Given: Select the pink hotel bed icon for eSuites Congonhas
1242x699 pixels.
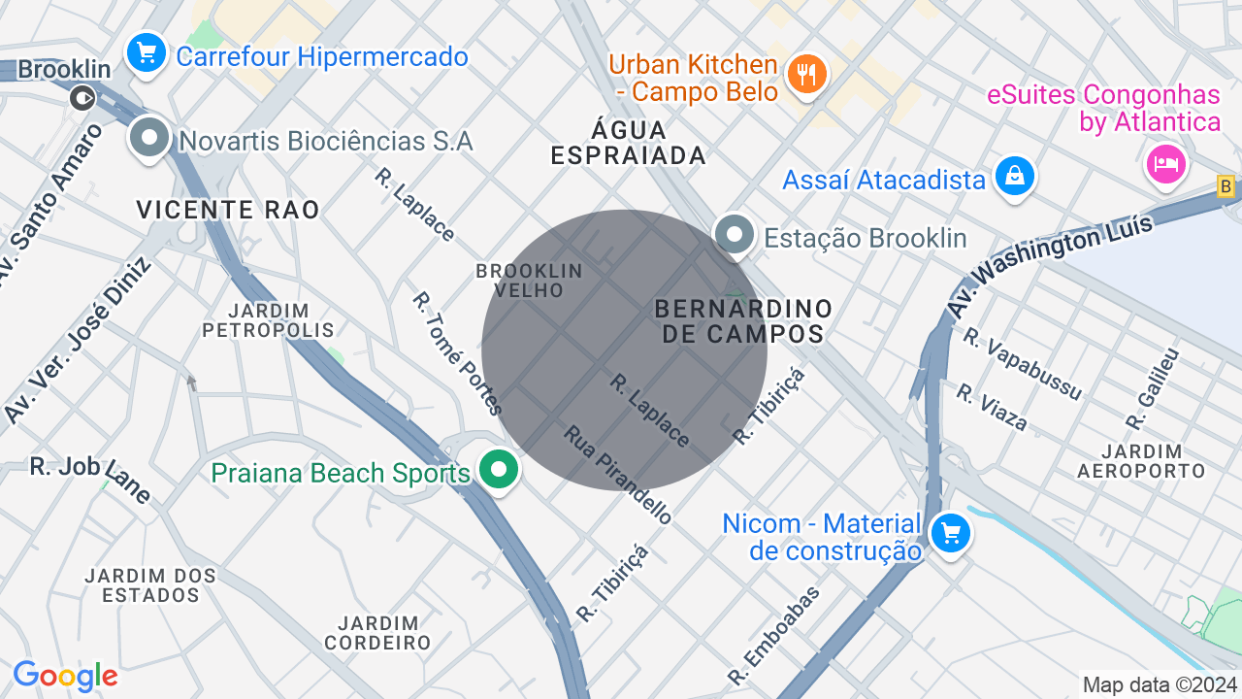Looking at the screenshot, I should point(1165,163).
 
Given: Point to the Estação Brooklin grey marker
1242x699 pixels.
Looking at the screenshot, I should point(735,236).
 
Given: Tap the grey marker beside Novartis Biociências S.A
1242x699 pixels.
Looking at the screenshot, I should point(149,139).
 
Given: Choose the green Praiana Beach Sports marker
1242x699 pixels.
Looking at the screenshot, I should point(499,471).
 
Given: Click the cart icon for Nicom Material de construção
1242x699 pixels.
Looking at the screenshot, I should point(950,534).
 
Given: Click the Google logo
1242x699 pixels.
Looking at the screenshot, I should point(66,677).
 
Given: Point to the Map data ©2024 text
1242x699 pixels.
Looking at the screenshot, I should point(1160,684).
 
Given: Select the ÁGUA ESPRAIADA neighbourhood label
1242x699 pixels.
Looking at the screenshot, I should point(628,143).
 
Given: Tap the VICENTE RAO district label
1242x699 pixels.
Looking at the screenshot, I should point(228,210).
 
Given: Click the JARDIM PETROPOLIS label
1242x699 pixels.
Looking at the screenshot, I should point(269,320).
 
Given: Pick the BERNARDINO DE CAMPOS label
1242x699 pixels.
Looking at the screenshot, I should point(743,321).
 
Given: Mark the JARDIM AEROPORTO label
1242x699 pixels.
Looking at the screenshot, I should point(1141,461).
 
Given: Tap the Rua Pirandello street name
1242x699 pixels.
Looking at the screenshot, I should point(618,475).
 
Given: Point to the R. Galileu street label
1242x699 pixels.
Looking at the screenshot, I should point(1153,389).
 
